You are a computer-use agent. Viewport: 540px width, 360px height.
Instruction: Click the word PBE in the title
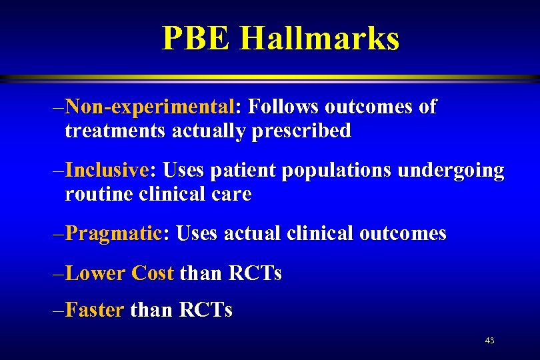(x=197, y=38)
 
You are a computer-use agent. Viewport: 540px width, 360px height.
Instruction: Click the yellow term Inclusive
(x=108, y=170)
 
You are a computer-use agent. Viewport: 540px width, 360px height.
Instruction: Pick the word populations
(x=337, y=171)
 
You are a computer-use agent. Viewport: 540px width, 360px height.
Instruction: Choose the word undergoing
(x=451, y=171)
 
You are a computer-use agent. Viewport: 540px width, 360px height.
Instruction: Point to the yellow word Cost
(x=153, y=273)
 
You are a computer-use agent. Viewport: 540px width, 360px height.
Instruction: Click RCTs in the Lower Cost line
(x=255, y=273)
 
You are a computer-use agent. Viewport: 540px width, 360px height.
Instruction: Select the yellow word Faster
(x=95, y=310)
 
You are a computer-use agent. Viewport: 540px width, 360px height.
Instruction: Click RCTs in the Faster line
(x=205, y=310)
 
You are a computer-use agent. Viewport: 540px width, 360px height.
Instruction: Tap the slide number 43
(x=489, y=341)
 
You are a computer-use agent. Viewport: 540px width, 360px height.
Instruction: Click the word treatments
(x=115, y=131)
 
